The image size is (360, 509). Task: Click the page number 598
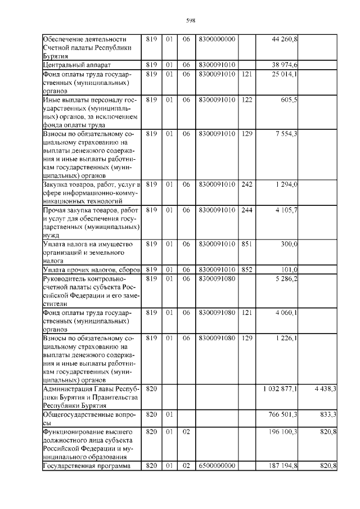click(x=190, y=21)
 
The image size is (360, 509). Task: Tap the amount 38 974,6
click(x=285, y=65)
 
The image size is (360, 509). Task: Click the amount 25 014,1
click(x=285, y=74)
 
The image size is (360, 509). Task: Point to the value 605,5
click(x=290, y=100)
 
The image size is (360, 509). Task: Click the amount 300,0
click(x=289, y=244)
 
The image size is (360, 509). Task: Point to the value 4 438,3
click(x=325, y=389)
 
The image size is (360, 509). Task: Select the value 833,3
click(x=328, y=415)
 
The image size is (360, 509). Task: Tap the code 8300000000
click(x=217, y=39)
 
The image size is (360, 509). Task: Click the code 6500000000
click(x=217, y=466)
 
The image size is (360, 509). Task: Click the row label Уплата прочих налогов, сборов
click(x=89, y=270)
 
